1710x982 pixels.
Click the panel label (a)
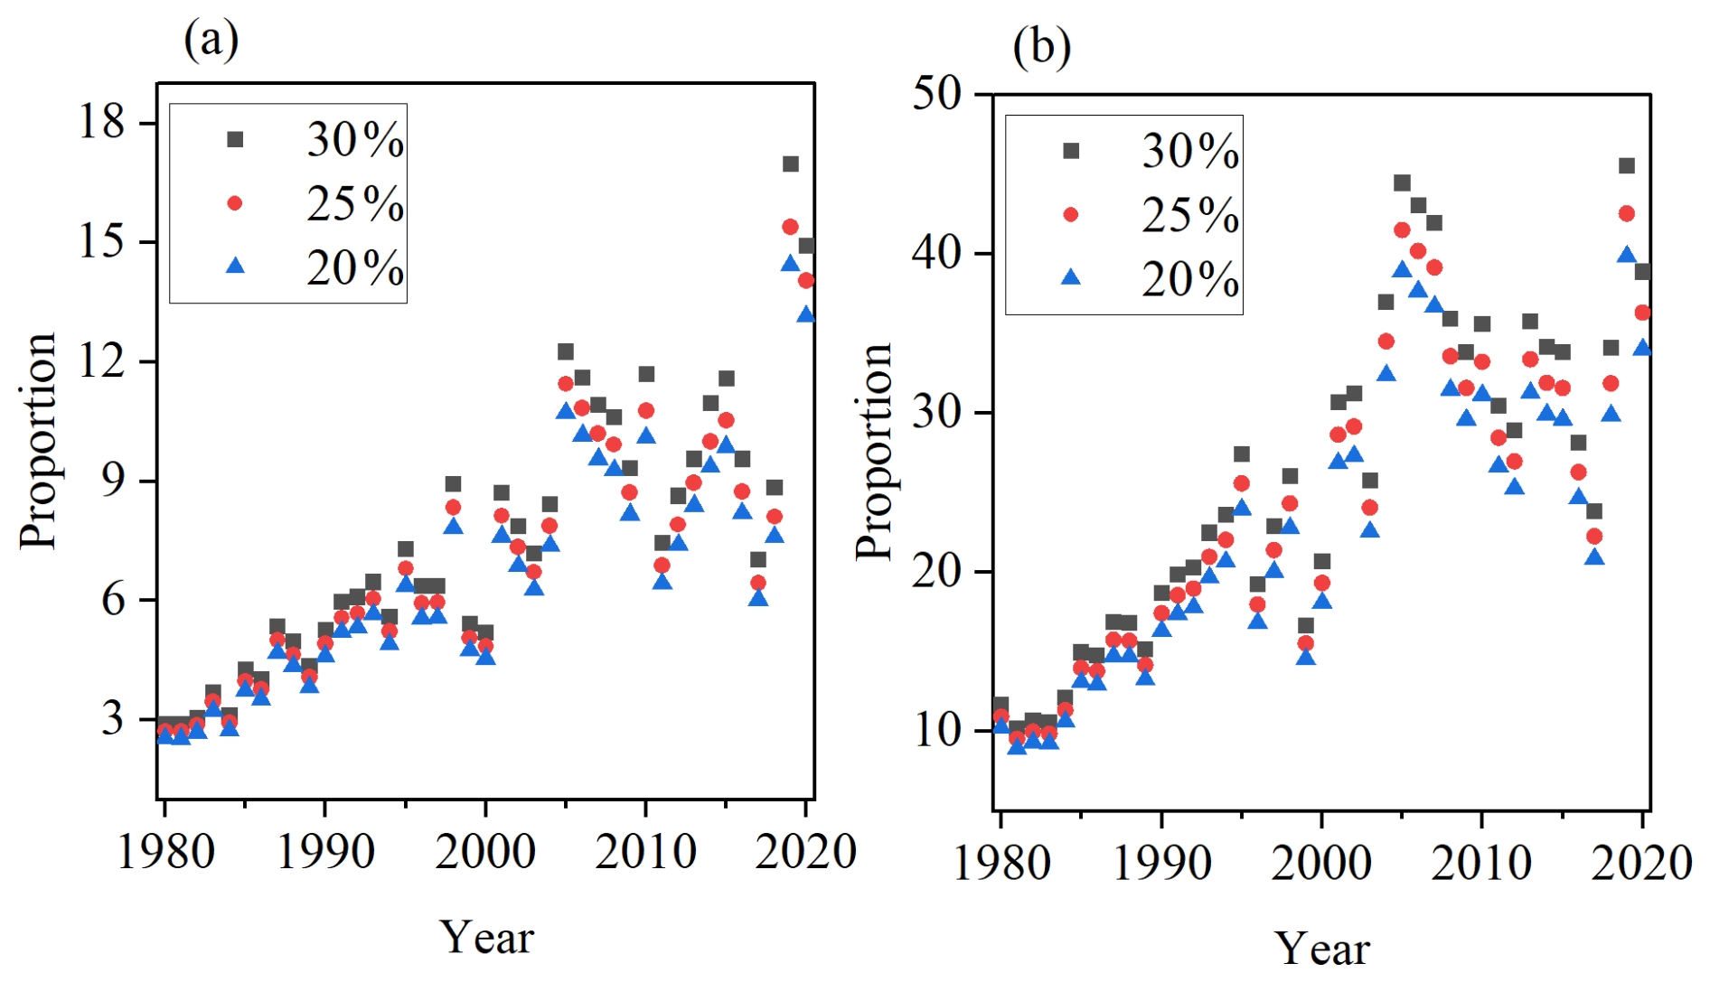211,41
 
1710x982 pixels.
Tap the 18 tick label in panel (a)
101,121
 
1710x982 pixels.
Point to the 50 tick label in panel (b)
937,93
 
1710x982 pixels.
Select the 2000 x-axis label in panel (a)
485,852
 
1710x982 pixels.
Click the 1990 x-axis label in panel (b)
1161,863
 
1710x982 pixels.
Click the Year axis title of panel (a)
486,937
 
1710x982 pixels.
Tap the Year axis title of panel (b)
1321,949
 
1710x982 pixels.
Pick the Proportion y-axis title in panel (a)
39,441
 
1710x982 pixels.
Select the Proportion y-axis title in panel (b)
874,452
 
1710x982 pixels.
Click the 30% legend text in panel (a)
355,140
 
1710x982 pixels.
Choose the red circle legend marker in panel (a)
235,203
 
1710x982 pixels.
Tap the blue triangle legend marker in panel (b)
1071,277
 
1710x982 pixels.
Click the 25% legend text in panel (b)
1190,215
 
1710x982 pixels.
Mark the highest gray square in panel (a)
791,164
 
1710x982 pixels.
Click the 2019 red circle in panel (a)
791,227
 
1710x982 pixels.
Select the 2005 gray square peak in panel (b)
1402,183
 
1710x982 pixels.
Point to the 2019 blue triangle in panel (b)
1627,256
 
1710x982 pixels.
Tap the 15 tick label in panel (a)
101,241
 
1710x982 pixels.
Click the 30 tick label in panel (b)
937,412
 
